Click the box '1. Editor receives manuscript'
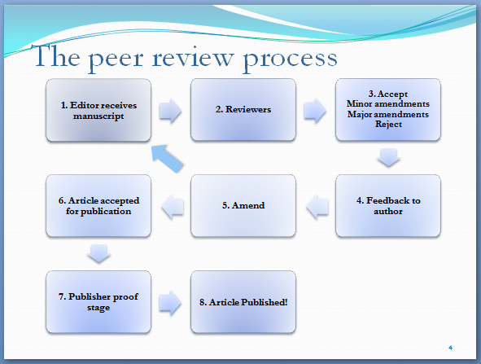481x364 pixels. coord(98,110)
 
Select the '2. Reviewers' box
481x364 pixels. coord(243,110)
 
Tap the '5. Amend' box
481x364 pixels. coord(243,206)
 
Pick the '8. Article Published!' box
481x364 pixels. coord(243,301)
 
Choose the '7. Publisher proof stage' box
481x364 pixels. coord(98,301)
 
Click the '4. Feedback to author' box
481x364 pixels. coord(388,206)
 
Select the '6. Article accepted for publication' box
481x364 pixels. coord(98,206)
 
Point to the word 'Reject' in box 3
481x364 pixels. coord(388,125)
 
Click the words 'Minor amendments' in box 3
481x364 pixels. coord(388,103)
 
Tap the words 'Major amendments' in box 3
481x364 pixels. coord(388,114)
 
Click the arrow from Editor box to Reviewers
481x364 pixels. coord(171,111)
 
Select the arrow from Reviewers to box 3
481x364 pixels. coord(315,111)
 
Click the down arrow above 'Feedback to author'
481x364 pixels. coord(389,157)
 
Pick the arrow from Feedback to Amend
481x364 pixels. coord(317,207)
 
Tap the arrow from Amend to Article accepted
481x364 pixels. coord(173,207)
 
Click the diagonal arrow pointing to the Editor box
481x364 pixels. coord(167,158)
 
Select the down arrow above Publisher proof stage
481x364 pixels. coord(98,253)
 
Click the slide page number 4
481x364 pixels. coord(450,348)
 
